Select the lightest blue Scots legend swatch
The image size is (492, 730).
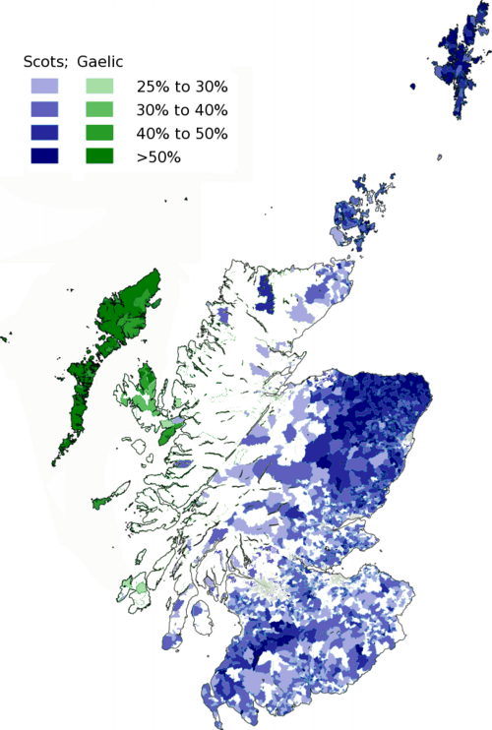coord(44,87)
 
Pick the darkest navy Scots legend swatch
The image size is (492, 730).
coord(44,155)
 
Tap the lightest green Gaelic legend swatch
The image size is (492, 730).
coord(99,87)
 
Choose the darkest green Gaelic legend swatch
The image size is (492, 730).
coord(99,155)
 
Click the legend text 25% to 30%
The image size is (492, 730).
coord(182,88)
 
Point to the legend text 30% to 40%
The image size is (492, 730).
coord(182,110)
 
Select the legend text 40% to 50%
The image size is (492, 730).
coord(182,133)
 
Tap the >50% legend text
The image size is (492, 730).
coord(158,156)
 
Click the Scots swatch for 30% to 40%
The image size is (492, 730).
coord(44,109)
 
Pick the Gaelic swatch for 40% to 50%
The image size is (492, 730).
coord(99,133)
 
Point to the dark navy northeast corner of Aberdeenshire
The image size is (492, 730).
coord(413,398)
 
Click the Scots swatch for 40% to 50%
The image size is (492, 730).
coord(44,133)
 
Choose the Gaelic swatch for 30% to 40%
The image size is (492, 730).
coord(99,109)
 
